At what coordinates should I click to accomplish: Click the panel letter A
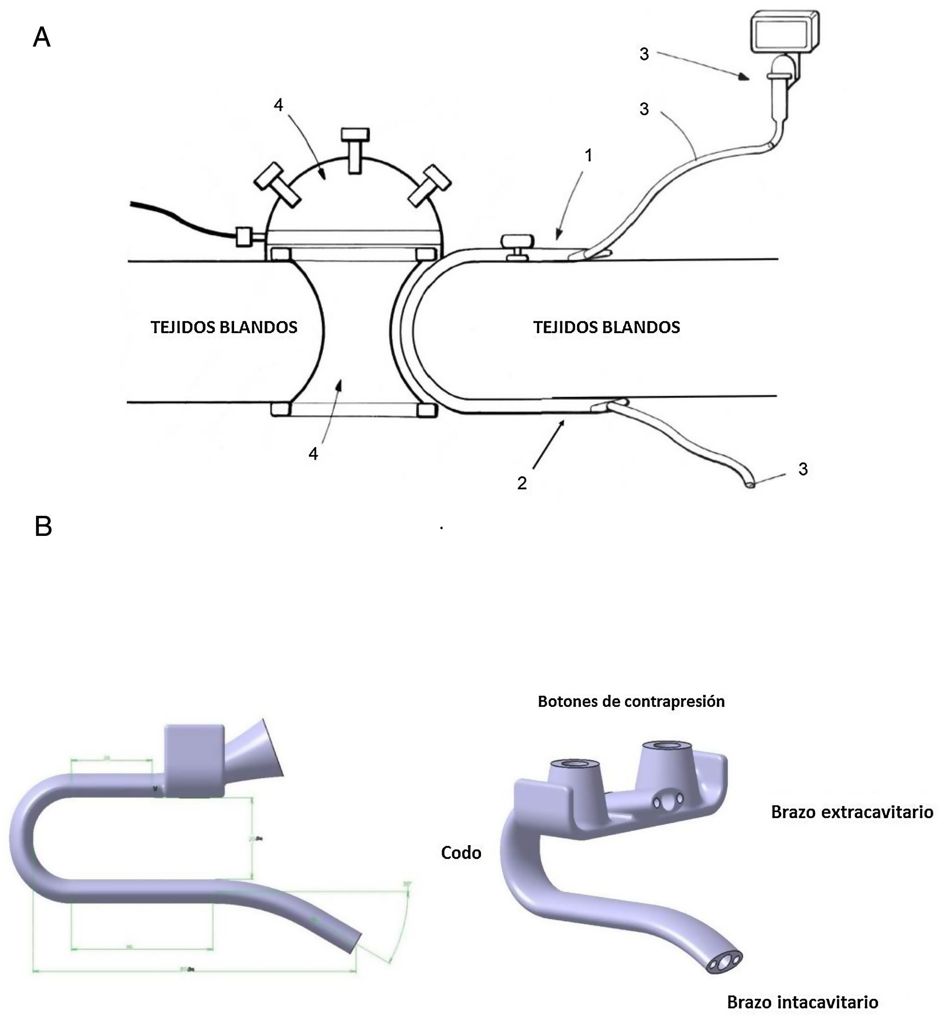point(42,38)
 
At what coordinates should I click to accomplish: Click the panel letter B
point(43,526)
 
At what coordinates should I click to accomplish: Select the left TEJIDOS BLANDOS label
point(224,328)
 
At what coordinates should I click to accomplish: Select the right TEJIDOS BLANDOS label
point(606,328)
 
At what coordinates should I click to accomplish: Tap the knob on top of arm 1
point(517,244)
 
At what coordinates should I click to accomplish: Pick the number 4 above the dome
point(278,105)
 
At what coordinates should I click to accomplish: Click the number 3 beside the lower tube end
point(803,469)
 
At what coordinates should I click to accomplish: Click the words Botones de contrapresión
point(631,702)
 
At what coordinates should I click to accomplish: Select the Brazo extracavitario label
point(852,812)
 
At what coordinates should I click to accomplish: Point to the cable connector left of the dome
point(245,236)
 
